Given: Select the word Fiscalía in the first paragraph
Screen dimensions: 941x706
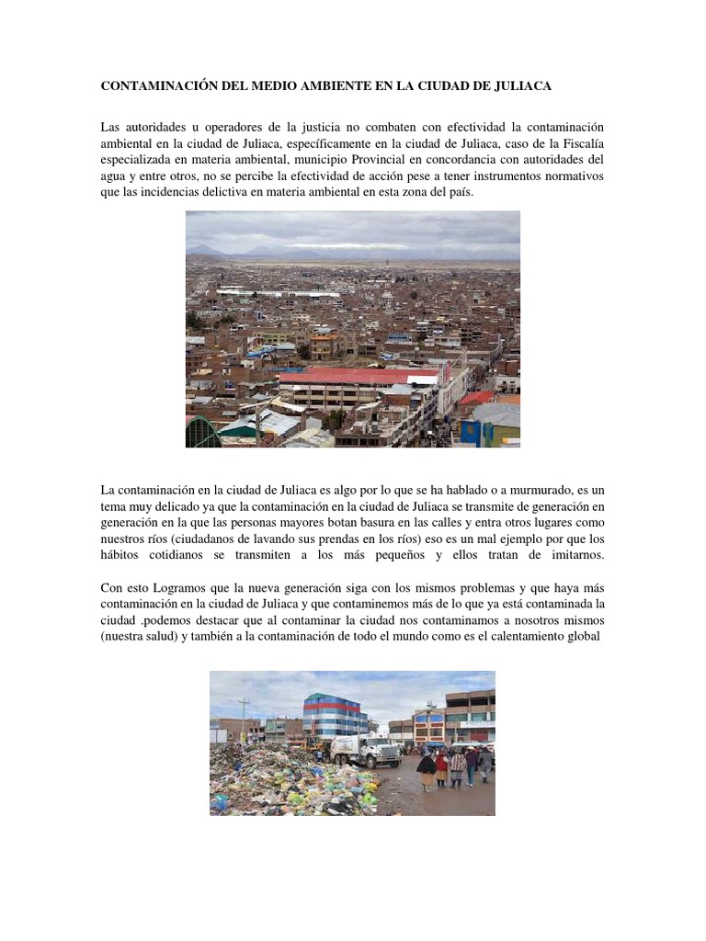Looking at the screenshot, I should pyautogui.click(x=580, y=142).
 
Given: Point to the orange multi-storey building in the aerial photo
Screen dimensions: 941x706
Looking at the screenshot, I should pyautogui.click(x=324, y=346).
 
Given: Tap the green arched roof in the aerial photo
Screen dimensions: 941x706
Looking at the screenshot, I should pyautogui.click(x=202, y=432).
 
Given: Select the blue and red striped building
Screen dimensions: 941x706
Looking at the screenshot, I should pyautogui.click(x=335, y=715).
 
